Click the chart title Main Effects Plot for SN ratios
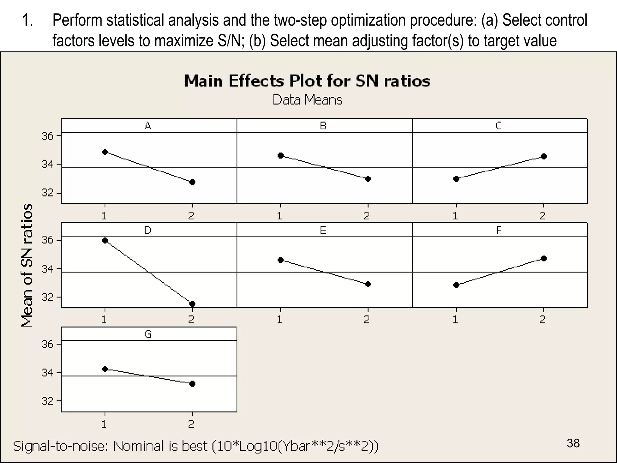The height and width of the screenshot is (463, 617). [307, 81]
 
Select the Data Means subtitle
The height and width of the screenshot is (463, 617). [307, 100]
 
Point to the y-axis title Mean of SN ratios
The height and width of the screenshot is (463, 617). [27, 265]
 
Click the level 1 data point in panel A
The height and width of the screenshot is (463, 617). [105, 152]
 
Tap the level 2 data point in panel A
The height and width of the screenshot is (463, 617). [193, 182]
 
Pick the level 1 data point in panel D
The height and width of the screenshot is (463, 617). [105, 240]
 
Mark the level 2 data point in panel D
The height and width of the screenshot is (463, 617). [193, 304]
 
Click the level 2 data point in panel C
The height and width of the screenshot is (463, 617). [543, 156]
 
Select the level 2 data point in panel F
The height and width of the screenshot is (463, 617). [543, 258]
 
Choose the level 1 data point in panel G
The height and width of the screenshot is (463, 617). [105, 369]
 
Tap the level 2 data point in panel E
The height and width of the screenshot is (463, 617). [368, 284]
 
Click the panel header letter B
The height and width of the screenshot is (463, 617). [323, 126]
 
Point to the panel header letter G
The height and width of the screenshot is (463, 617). [148, 334]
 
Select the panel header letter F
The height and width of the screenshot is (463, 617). [499, 231]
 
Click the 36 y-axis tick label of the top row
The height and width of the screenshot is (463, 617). [47, 136]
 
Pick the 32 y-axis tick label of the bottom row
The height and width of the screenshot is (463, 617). [47, 401]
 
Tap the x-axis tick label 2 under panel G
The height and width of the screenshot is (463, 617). [191, 424]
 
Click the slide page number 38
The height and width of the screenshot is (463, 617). [573, 443]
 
